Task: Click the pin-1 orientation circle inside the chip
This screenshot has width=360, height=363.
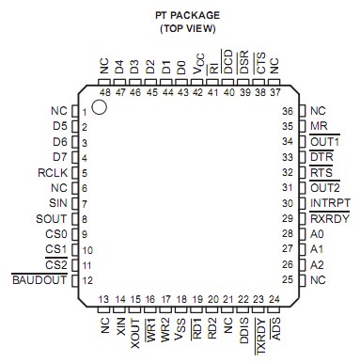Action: coord(101,108)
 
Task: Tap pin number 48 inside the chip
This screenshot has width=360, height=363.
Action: coord(104,93)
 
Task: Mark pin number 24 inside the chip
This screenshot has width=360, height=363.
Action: coord(274,299)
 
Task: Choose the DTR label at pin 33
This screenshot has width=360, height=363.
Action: coord(321,156)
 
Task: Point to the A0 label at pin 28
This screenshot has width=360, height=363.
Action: coord(317,233)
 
